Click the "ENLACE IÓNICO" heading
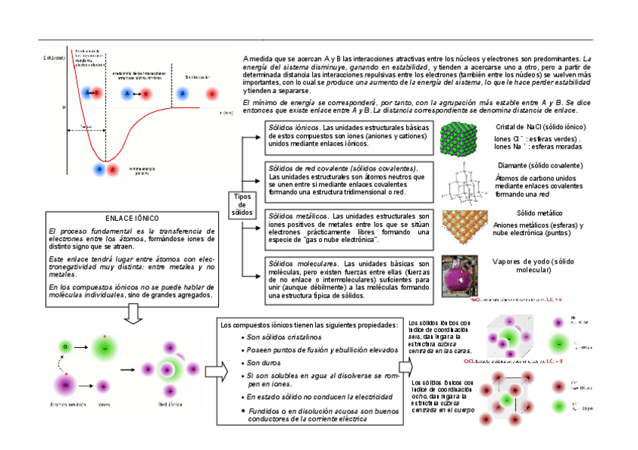[132, 218]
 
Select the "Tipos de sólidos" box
[242, 204]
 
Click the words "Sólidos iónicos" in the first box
[293, 128]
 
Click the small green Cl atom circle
[66, 346]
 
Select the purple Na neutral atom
[66, 384]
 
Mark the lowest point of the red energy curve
[108, 161]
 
